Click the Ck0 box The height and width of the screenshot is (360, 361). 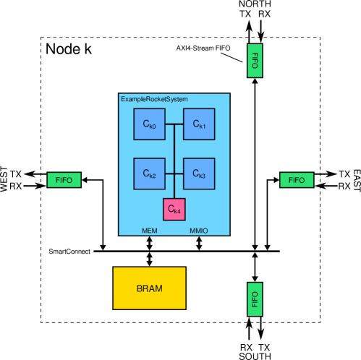149,124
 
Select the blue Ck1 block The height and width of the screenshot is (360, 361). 199,124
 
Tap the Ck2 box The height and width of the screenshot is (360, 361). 149,173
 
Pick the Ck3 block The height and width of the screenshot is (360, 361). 199,173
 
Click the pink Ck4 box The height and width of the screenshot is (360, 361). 174,209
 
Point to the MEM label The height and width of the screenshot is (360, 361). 150,231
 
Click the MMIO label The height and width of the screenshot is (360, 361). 199,231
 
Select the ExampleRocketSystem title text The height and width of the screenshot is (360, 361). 149,98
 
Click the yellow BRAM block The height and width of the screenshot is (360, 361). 149,288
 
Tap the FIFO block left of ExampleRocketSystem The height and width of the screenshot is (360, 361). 64,180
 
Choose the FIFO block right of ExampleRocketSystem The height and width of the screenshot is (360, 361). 297,180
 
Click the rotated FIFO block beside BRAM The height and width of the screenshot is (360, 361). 255,299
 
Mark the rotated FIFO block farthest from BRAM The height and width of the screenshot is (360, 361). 255,60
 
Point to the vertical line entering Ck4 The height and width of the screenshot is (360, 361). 174,189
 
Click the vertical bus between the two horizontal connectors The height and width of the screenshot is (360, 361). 174,149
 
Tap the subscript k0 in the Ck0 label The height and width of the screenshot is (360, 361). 153,127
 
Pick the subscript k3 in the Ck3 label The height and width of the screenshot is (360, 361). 203,176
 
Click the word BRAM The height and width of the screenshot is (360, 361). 149,288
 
